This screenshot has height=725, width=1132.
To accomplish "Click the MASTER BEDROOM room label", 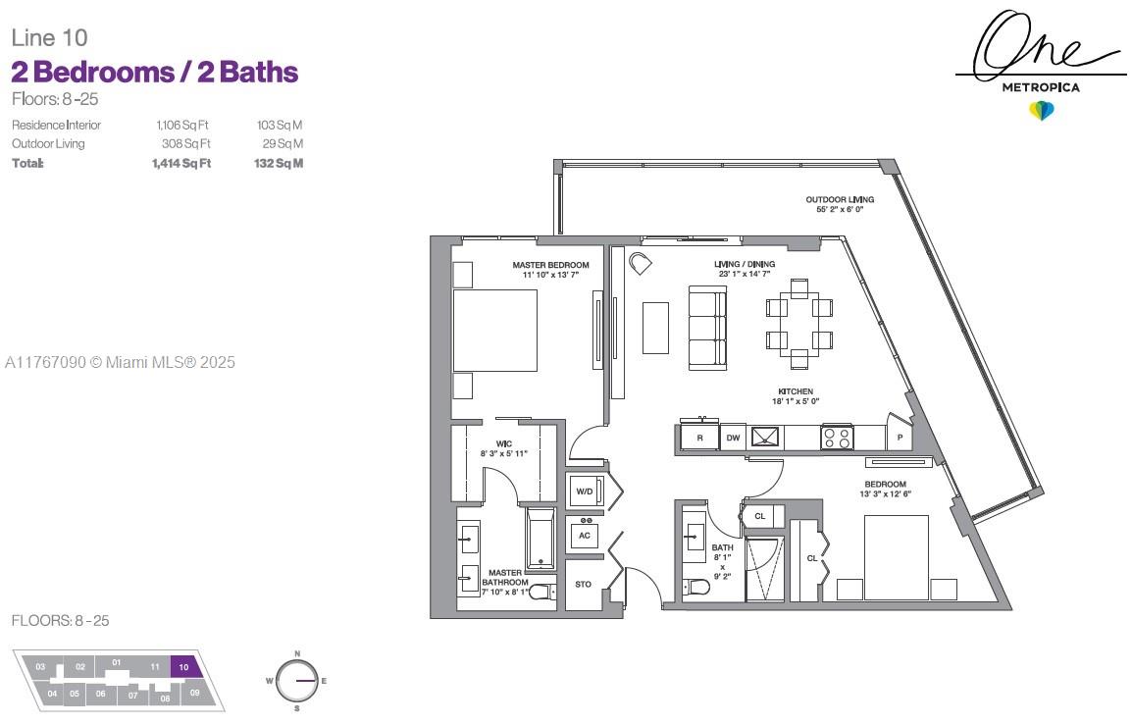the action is (x=551, y=265).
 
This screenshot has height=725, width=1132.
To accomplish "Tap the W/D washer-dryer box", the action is (x=585, y=492).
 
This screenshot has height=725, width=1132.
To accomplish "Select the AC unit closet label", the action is (x=585, y=535).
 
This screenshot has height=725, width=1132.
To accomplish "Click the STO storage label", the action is (x=584, y=584).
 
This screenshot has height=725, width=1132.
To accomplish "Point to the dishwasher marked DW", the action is (x=733, y=438).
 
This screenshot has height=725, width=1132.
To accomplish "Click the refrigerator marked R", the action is (x=699, y=438).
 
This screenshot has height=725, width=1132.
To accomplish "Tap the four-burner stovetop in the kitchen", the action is (x=838, y=438).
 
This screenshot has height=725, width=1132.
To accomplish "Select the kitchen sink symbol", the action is (x=765, y=437).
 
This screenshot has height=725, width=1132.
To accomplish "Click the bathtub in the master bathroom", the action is (x=540, y=539).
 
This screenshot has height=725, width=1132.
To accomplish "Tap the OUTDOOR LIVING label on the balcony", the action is (x=840, y=199).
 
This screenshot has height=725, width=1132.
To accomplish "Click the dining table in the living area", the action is (x=799, y=324).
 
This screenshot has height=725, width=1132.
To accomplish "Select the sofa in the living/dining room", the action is (x=707, y=328).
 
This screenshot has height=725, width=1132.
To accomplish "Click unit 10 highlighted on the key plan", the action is (x=184, y=666).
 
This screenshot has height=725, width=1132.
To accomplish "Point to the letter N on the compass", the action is (x=297, y=653).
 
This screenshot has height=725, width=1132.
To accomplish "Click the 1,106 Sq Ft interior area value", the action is (x=182, y=125).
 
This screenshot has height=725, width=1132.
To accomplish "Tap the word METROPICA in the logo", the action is (x=1041, y=87).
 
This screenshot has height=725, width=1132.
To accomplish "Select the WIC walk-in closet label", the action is (x=504, y=444).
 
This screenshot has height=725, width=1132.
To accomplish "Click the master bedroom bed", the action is (x=494, y=331).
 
